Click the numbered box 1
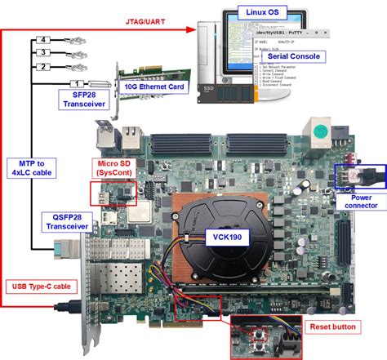(x=77, y=83)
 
